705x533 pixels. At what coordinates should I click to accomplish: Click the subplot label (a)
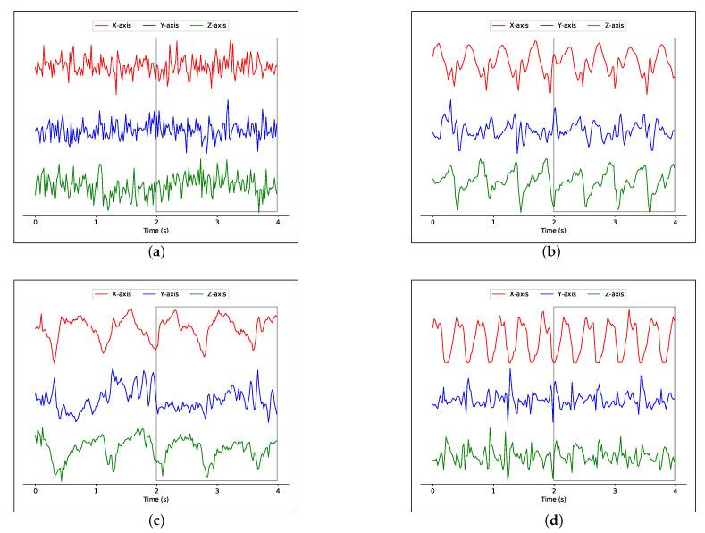point(156,252)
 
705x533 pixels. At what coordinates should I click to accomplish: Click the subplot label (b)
point(553,252)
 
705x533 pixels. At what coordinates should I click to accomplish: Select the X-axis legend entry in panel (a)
point(115,25)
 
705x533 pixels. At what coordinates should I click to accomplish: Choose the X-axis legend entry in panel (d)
point(513,294)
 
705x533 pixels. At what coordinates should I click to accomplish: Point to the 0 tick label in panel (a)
point(36,220)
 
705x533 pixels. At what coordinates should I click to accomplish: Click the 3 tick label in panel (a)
point(217,220)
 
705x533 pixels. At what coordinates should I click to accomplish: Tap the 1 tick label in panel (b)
point(493,220)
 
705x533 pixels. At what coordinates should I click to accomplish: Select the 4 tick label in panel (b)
point(675,220)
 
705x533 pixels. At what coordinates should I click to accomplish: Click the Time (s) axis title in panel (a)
point(156,230)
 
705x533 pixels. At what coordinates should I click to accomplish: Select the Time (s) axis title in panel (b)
point(553,230)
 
